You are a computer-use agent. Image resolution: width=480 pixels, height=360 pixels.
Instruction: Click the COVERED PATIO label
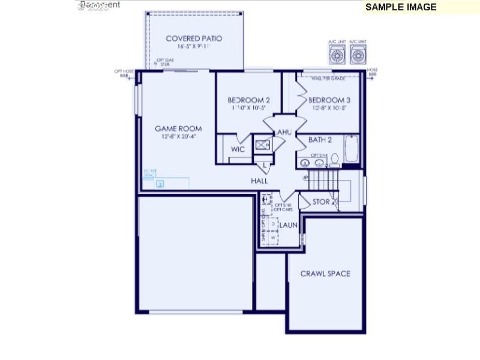point(194,38)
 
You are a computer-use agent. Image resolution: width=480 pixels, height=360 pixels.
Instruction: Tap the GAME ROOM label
point(178,128)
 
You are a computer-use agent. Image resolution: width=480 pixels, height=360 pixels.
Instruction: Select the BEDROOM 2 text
point(248,100)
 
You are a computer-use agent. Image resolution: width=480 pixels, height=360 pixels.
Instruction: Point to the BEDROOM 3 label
point(329,100)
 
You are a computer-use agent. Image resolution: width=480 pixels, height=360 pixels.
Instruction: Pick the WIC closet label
point(238,149)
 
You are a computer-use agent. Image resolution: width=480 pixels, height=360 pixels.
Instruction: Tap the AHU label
point(284,132)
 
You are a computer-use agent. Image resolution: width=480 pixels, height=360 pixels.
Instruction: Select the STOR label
point(321,202)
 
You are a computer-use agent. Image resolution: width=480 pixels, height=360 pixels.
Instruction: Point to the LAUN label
point(288,226)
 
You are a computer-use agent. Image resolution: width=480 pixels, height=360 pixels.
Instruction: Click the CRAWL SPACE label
point(325,274)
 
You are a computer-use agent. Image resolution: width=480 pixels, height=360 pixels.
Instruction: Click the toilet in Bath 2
point(335,160)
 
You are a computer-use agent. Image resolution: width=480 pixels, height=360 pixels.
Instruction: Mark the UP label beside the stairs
point(305,178)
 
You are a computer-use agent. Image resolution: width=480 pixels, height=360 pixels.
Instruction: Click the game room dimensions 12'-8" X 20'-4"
point(178,137)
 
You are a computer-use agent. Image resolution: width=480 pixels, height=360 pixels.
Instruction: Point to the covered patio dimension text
point(194,47)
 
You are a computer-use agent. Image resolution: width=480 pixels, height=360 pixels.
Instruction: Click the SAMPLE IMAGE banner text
point(401,7)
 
